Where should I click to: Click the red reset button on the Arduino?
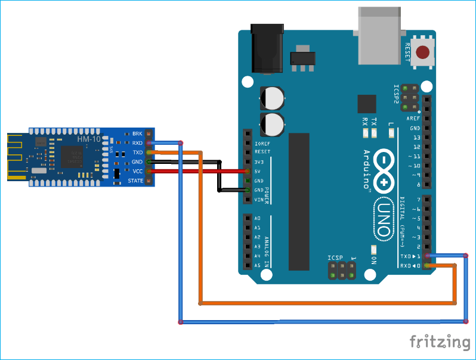click(x=423, y=52)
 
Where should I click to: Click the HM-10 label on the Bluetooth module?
click(x=88, y=139)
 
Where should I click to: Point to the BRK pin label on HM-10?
click(x=137, y=134)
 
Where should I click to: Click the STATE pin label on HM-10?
click(x=135, y=181)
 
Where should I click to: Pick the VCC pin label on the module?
click(x=137, y=171)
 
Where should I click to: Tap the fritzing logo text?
click(x=440, y=342)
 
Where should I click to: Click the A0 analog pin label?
click(x=257, y=218)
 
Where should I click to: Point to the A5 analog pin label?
click(x=257, y=265)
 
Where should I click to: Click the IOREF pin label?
click(x=262, y=144)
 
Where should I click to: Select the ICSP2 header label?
click(x=395, y=94)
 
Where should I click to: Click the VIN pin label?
click(x=258, y=200)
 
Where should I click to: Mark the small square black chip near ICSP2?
click(x=367, y=104)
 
